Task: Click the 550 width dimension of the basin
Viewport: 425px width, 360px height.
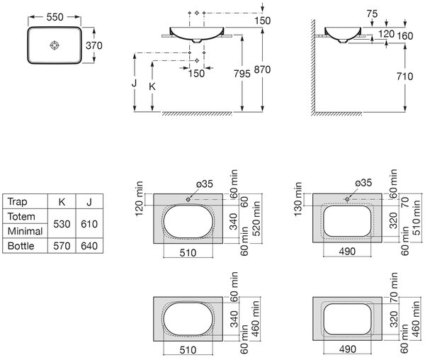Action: pyautogui.click(x=55, y=17)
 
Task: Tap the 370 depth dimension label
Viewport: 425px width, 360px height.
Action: pyautogui.click(x=94, y=45)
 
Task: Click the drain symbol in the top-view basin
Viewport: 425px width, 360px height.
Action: pyautogui.click(x=55, y=45)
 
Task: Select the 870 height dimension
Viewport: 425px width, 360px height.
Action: pyautogui.click(x=262, y=69)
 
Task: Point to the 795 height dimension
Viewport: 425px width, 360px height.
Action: pyautogui.click(x=242, y=74)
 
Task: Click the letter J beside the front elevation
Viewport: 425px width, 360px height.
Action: pyautogui.click(x=134, y=83)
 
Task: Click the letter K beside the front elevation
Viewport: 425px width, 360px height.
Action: pyautogui.click(x=152, y=86)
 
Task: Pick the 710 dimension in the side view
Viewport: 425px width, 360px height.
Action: pyautogui.click(x=404, y=77)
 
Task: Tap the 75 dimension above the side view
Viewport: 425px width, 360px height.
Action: pyautogui.click(x=372, y=13)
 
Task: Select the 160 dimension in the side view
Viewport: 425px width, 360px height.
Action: pyautogui.click(x=405, y=35)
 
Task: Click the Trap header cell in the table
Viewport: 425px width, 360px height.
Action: pyautogui.click(x=17, y=202)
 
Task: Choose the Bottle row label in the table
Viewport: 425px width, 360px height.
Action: pyautogui.click(x=21, y=246)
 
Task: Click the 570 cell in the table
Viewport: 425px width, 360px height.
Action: pyautogui.click(x=62, y=246)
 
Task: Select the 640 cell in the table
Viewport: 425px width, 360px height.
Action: pyautogui.click(x=89, y=246)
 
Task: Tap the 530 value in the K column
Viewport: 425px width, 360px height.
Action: pyautogui.click(x=62, y=224)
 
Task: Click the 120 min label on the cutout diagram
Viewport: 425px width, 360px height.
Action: pyautogui.click(x=139, y=199)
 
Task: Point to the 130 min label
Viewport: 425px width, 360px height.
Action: pyautogui.click(x=297, y=199)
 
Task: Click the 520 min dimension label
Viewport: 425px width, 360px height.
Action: pyautogui.click(x=256, y=218)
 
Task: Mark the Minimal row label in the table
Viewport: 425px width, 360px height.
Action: pyautogui.click(x=25, y=231)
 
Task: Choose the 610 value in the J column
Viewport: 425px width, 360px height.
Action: pyautogui.click(x=89, y=224)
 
